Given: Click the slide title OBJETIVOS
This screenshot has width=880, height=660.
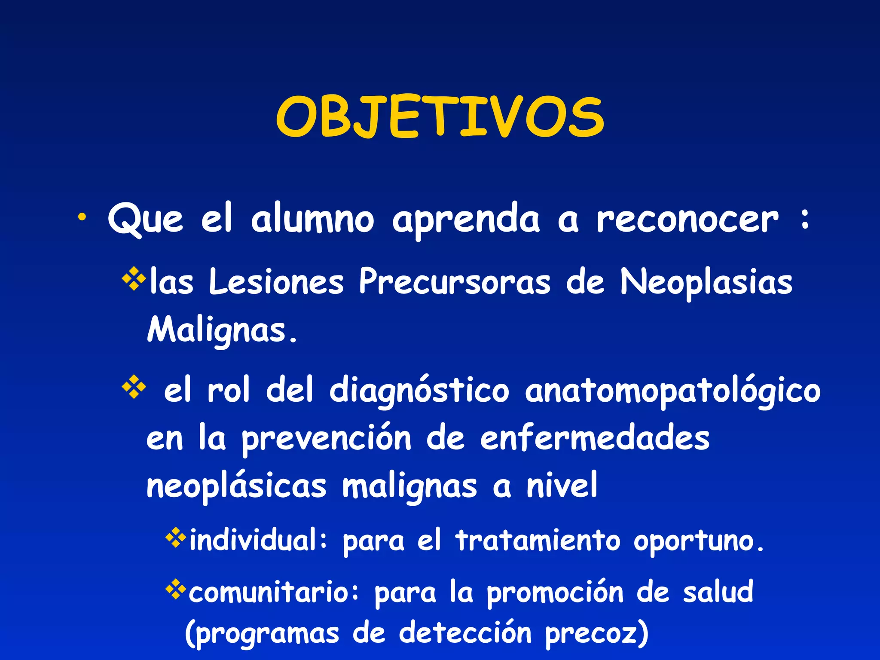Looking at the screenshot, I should [440, 117].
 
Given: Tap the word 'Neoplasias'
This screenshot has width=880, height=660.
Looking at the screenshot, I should [706, 283].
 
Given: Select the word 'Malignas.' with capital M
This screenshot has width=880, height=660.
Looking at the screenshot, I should [222, 330].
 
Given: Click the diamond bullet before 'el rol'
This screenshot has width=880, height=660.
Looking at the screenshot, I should [134, 387].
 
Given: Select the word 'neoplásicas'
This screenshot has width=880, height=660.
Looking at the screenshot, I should [236, 486].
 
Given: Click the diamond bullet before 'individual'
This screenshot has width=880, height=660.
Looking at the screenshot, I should [176, 538].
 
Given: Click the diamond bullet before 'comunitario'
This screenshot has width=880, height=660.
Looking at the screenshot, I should [176, 590].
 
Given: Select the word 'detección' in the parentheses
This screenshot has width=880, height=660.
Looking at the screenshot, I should [465, 632].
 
